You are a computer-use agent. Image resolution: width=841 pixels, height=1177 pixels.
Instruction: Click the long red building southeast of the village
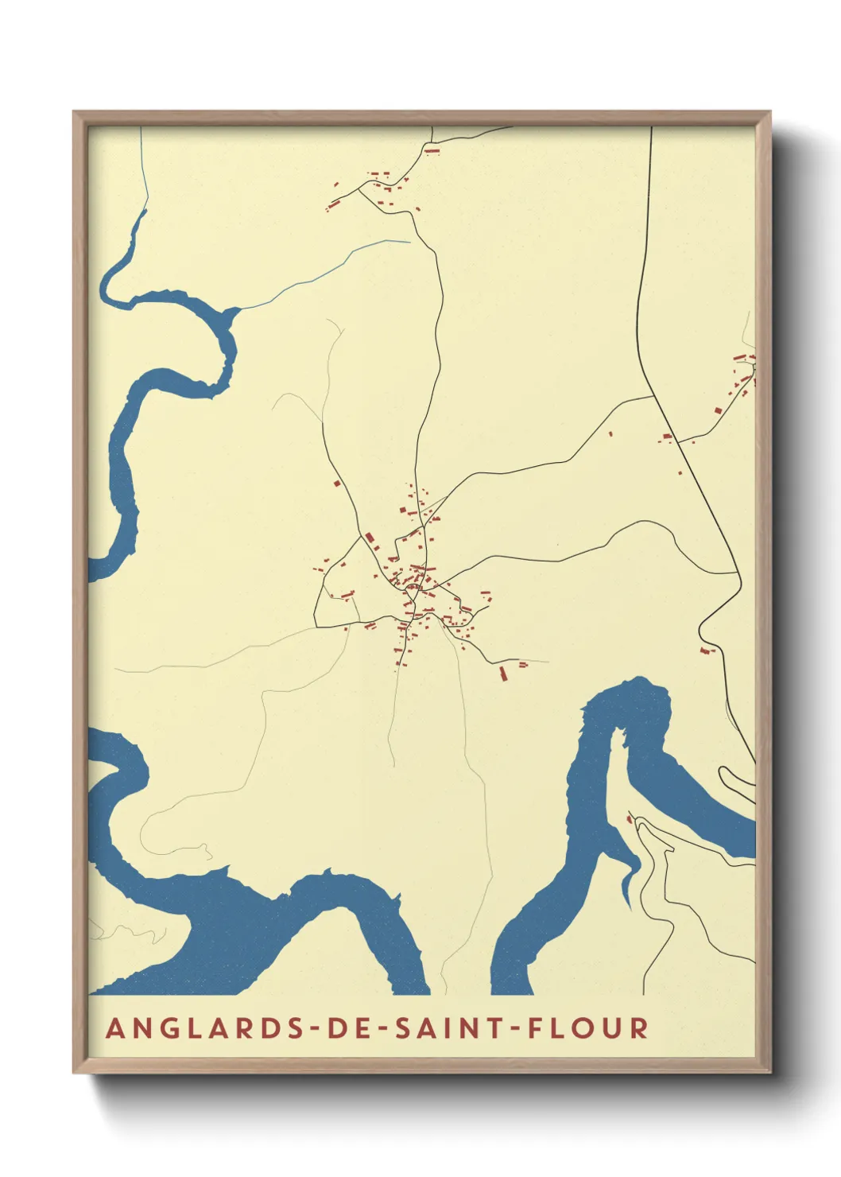[502, 674]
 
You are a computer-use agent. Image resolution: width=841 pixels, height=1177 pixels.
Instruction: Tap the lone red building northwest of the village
[336, 483]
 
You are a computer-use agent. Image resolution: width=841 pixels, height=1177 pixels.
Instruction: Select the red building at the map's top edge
[432, 149]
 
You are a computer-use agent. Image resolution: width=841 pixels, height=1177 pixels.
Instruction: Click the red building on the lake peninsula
[630, 819]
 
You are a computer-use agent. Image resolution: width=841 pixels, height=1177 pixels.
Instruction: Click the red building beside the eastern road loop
[706, 651]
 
